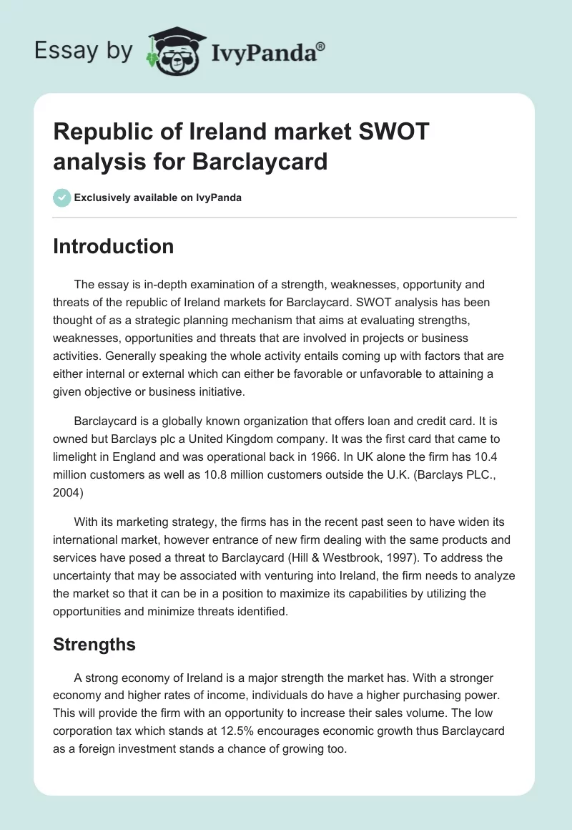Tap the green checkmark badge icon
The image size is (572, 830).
point(61,197)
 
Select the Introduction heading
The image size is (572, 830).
point(113,246)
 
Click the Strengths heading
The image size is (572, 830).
point(94,644)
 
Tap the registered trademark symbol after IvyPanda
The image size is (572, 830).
point(321,45)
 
